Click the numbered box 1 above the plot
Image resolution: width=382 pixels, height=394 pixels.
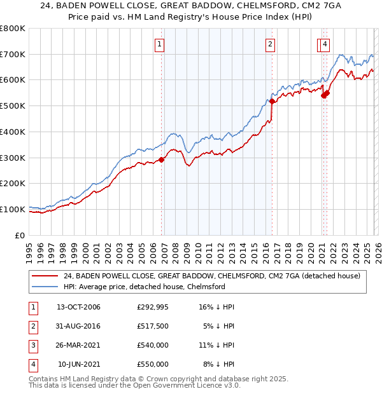click(159, 44)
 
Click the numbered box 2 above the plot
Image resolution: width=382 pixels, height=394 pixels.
click(271, 44)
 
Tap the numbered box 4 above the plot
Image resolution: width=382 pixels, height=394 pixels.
click(325, 44)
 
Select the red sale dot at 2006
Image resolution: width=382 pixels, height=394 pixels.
click(162, 160)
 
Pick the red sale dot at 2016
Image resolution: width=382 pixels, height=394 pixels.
click(272, 101)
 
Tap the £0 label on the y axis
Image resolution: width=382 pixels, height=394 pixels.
click(20, 235)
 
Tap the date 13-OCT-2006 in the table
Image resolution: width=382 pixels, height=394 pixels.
click(78, 308)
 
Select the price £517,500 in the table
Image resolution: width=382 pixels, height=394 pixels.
click(152, 327)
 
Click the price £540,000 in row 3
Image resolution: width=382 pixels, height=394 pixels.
click(152, 346)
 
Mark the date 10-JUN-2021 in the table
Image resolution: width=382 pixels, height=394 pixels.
click(79, 365)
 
